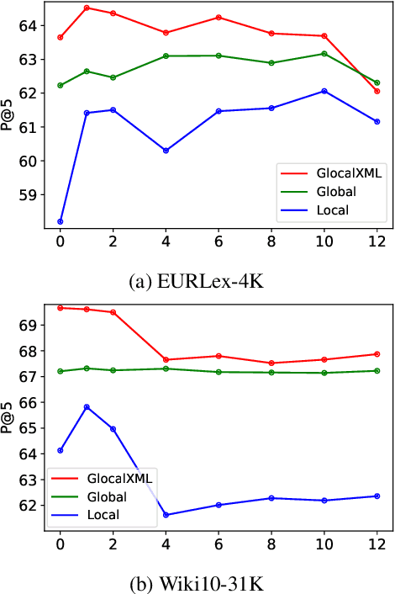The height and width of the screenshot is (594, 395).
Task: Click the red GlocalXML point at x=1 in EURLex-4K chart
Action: tap(87, 8)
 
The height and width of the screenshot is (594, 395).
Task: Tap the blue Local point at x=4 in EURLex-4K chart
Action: tap(166, 151)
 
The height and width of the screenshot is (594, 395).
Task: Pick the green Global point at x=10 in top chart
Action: tap(324, 54)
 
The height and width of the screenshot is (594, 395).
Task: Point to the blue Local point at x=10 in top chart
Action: tap(324, 91)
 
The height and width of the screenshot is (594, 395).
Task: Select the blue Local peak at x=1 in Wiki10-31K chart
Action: tap(87, 407)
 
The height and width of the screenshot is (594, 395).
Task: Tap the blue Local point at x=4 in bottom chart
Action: tap(166, 515)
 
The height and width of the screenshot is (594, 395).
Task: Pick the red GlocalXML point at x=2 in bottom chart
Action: tap(113, 312)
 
